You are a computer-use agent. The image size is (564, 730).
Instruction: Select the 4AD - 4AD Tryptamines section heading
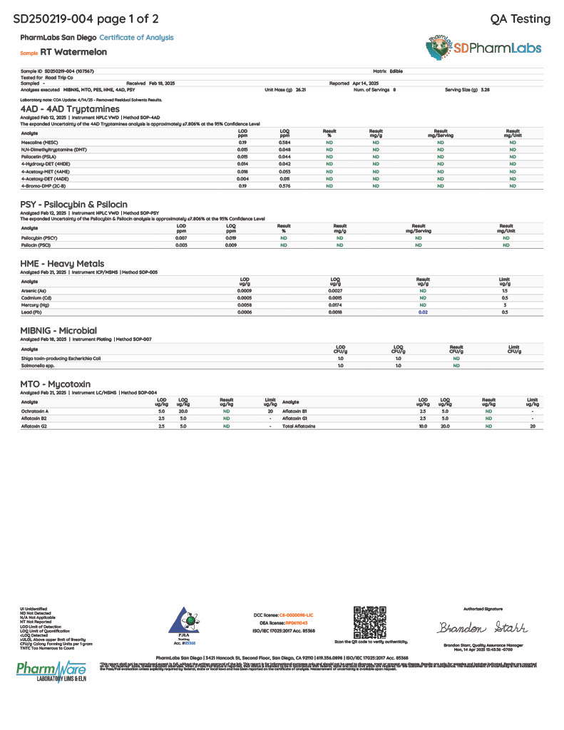pos(70,109)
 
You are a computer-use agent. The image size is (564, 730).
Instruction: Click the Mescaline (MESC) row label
pos(40,143)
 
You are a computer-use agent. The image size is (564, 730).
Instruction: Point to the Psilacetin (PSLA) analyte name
pos(39,156)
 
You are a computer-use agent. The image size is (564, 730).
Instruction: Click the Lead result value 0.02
pos(423,312)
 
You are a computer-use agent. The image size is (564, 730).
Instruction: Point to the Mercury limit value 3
pos(505,305)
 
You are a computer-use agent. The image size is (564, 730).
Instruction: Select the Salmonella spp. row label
pos(38,365)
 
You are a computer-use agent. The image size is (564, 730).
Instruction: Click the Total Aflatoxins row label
pos(299,426)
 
